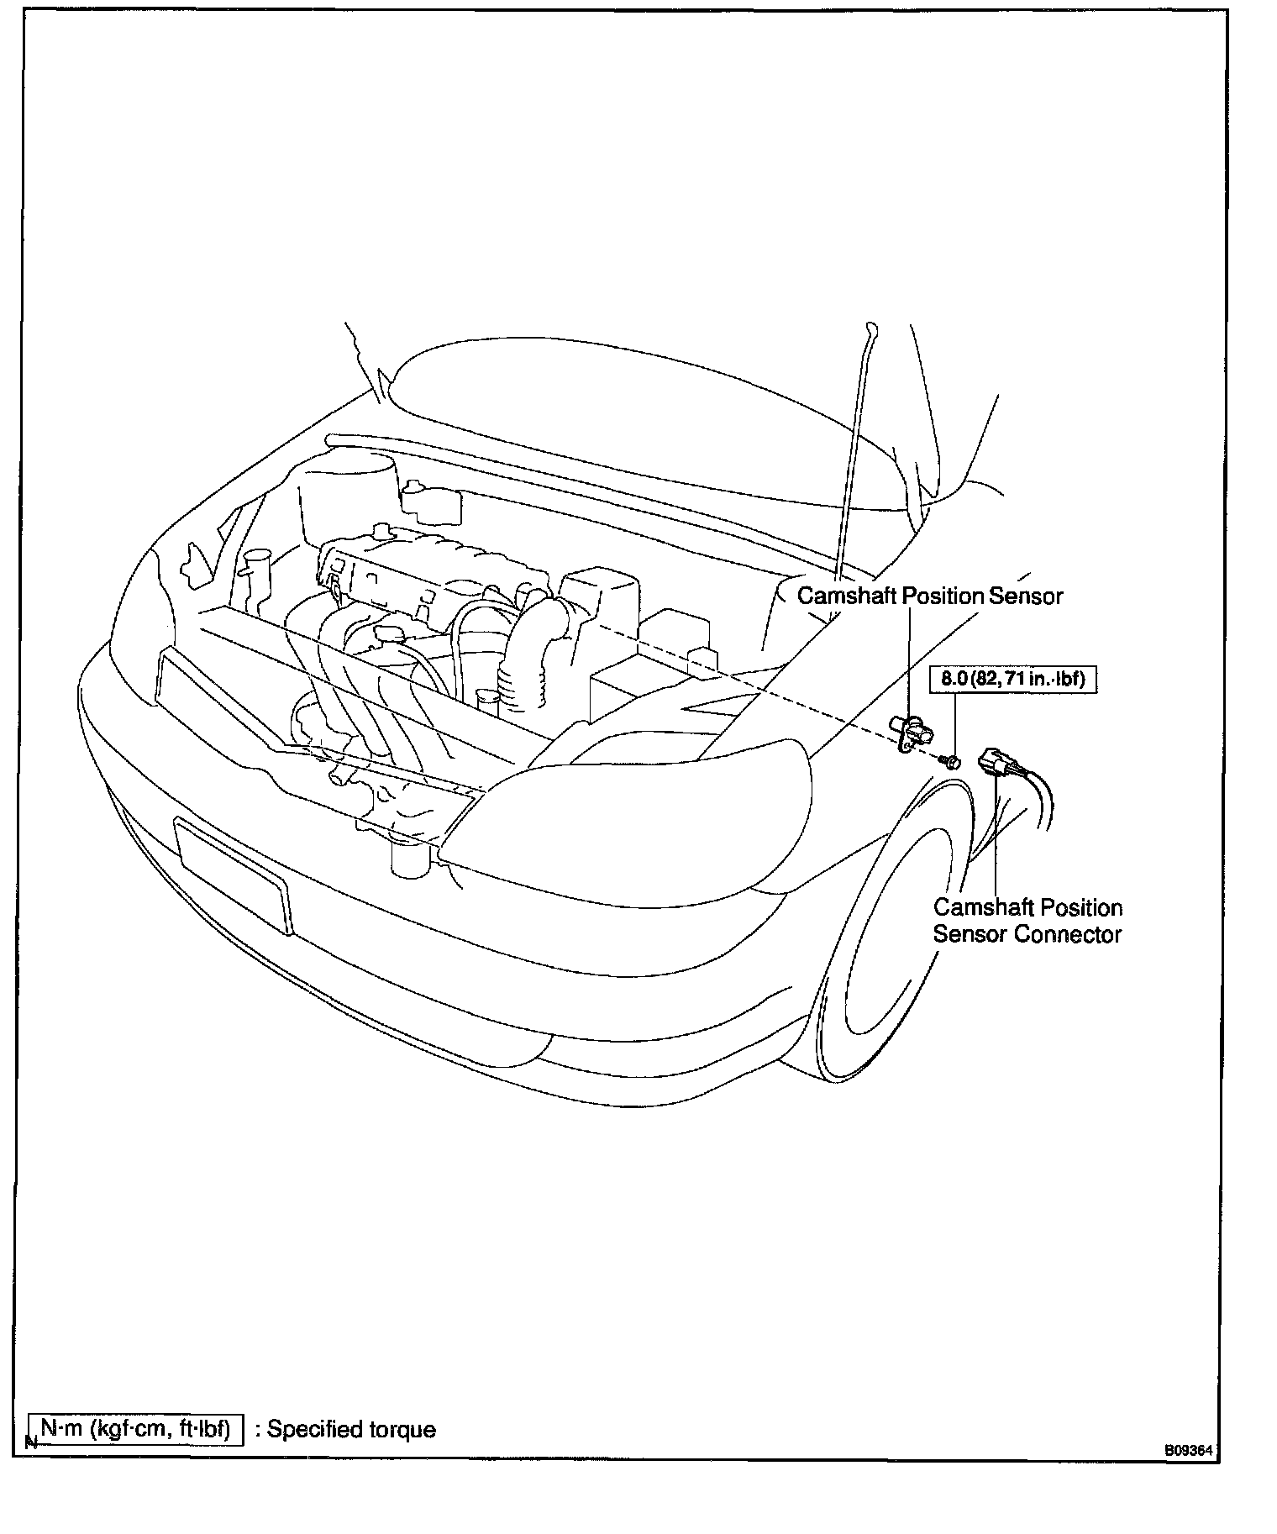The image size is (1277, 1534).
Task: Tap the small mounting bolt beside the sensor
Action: (952, 761)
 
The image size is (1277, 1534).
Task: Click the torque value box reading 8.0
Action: (1012, 679)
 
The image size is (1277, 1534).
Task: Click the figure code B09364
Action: (1189, 1450)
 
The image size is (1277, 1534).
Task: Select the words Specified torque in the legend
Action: (351, 1430)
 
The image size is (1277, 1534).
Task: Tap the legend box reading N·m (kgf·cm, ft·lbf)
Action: (135, 1429)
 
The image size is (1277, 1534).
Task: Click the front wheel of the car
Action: (891, 949)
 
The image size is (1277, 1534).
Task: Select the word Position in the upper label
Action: (942, 596)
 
